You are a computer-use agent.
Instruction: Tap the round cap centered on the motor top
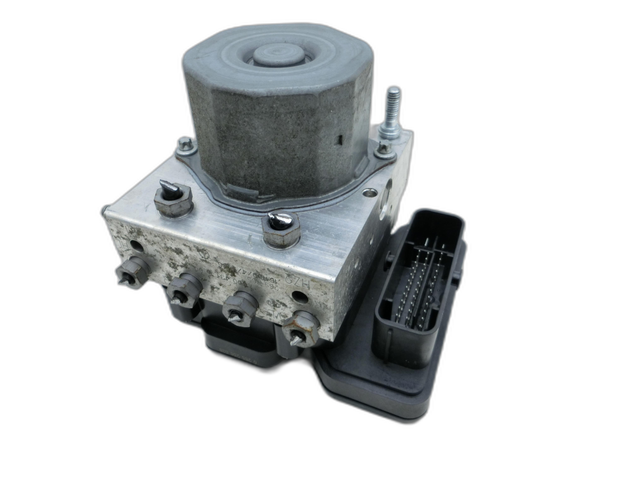(x=278, y=54)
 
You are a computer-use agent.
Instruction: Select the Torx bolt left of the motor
(x=185, y=144)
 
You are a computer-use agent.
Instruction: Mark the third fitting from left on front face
(x=239, y=308)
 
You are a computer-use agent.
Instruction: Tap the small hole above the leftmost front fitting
(x=137, y=246)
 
